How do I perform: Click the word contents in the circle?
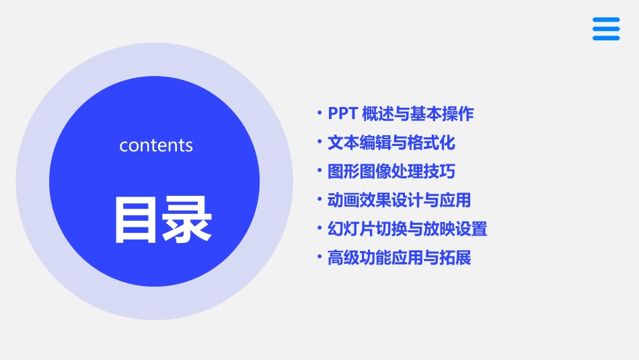pos(156,145)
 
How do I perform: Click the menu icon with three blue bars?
pos(605,29)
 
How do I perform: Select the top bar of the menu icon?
pos(605,20)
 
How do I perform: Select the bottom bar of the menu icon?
pos(605,38)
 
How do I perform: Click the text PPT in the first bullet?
pos(342,114)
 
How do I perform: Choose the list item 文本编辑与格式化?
pos(391,143)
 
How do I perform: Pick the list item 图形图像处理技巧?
pos(391,172)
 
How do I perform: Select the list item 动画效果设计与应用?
pos(399,200)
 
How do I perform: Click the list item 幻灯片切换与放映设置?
pos(407,229)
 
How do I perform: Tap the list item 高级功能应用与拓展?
pos(399,258)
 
